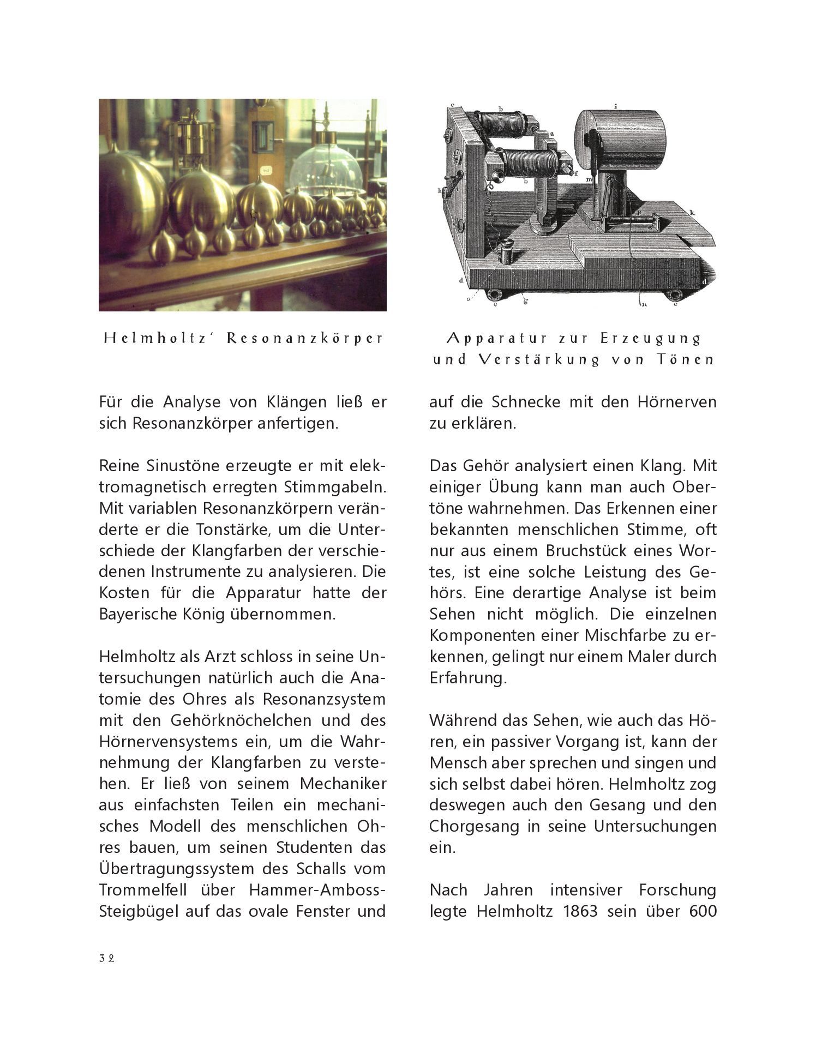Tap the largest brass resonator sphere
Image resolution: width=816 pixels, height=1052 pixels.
(x=131, y=196)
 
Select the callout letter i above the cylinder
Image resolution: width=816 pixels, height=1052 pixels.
(x=615, y=107)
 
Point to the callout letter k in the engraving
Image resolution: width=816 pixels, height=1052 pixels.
(x=691, y=212)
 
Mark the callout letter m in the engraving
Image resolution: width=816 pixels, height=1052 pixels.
(x=590, y=179)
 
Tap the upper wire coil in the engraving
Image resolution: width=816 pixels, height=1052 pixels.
(x=501, y=125)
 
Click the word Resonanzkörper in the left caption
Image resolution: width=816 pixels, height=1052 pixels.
(x=305, y=339)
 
